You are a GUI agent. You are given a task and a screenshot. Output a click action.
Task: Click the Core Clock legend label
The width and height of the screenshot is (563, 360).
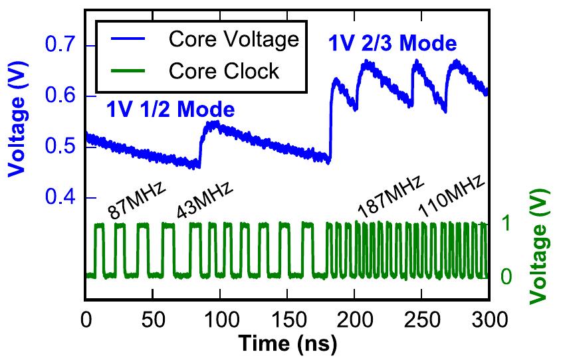coord(225,70)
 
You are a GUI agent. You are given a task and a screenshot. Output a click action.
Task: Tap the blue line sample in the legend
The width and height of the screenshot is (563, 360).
coord(130,40)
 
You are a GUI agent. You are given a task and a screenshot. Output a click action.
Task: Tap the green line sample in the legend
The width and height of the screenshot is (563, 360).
coord(130,70)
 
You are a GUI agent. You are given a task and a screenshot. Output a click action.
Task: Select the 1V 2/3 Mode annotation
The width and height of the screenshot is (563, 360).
coord(393,45)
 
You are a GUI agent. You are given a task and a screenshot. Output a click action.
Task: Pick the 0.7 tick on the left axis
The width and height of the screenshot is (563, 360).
coord(64,46)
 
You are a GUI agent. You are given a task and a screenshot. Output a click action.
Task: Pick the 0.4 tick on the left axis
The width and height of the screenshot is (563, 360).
coord(64,199)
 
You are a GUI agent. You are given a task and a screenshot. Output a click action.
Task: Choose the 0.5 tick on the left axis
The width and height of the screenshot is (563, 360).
coord(64,147)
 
